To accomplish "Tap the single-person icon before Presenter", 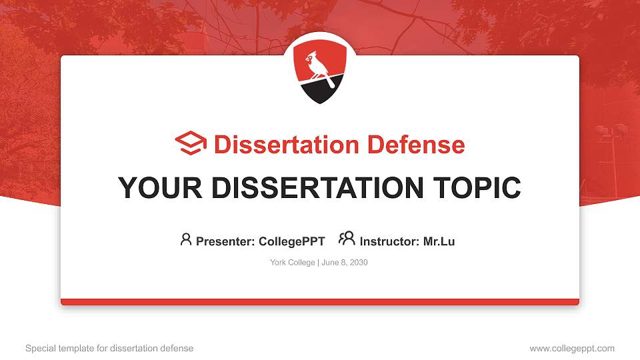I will (186, 239).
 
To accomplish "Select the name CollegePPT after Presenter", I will (291, 241).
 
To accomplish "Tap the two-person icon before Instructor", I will (347, 239).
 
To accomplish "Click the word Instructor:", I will (390, 241).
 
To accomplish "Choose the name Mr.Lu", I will (439, 241).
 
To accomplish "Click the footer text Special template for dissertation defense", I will (109, 348).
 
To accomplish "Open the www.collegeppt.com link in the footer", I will (572, 348).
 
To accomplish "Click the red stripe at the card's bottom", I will (320, 302).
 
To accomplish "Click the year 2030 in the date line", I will (358, 263).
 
